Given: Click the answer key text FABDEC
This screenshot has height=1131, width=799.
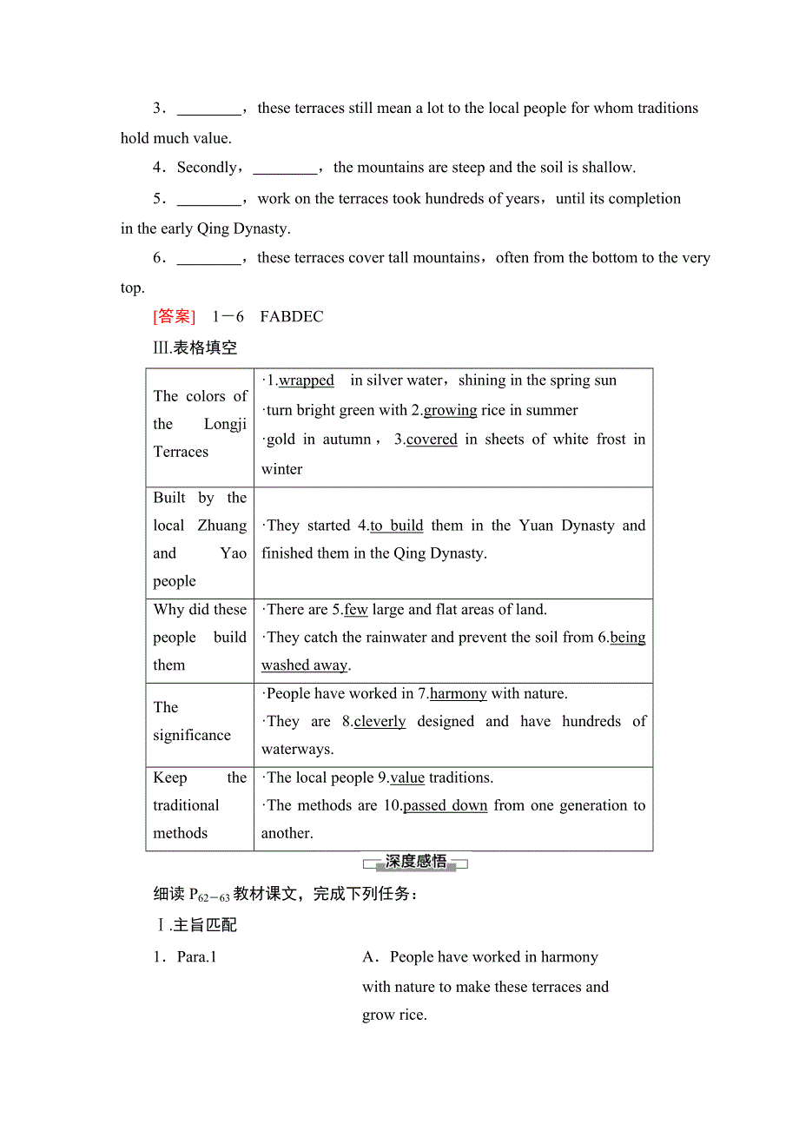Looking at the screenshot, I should click(x=291, y=317).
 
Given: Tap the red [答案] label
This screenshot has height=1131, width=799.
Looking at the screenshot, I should click(x=175, y=317).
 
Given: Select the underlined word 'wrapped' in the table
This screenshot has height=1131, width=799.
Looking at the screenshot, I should click(x=306, y=380).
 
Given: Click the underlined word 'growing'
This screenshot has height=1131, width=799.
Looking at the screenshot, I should click(x=450, y=410).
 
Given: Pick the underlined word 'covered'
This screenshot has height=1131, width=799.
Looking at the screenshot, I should click(x=432, y=440).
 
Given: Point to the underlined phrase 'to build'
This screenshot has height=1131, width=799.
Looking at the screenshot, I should click(x=396, y=526).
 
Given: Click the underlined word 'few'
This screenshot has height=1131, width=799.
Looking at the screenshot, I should click(x=356, y=610).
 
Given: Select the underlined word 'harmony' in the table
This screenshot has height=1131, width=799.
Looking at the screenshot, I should click(x=458, y=694).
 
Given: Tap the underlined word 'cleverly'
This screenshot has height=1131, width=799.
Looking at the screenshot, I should click(x=380, y=722).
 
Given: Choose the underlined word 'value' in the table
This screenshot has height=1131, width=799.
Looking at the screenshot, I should click(x=407, y=778).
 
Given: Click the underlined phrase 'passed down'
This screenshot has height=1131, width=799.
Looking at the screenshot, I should click(x=446, y=806).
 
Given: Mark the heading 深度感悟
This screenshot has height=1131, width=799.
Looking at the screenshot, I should click(x=416, y=862).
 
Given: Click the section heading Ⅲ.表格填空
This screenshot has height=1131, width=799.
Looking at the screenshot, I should click(x=195, y=348).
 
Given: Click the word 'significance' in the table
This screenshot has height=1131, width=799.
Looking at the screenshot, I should click(x=192, y=736).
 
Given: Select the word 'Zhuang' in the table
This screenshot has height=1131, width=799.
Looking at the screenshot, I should click(x=222, y=526).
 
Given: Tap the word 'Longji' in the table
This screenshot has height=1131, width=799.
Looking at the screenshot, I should click(x=225, y=425).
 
